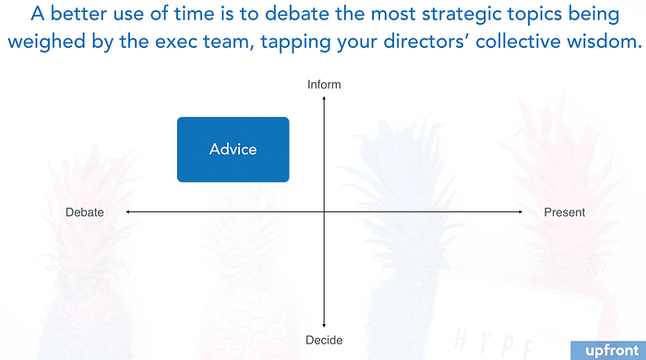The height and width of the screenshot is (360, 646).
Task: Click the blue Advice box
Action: coord(233,150)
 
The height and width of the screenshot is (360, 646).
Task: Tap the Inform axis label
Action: coord(324,84)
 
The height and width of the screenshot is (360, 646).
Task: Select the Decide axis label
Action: coord(324,341)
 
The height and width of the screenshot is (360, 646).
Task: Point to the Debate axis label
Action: coord(85,212)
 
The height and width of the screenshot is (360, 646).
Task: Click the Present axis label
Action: coord(565,212)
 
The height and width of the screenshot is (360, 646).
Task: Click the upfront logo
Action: coord(612,351)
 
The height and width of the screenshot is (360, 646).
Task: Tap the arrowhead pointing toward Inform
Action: coord(324,98)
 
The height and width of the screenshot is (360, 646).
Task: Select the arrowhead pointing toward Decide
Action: coord(324,326)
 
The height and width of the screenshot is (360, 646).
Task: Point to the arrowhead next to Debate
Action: coord(128,211)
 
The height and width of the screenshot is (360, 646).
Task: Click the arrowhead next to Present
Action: coord(520,211)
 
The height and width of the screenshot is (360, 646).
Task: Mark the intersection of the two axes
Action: coord(324,211)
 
